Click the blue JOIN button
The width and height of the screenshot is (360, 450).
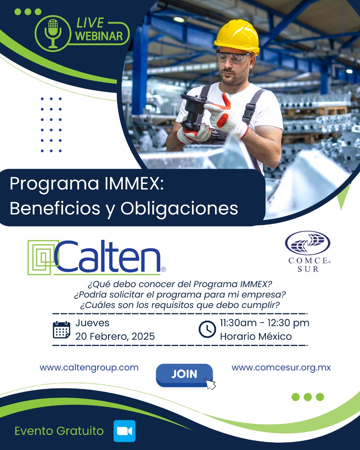coord(184,375)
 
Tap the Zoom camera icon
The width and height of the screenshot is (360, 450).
coord(124,431)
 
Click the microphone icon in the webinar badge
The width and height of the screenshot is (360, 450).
coord(53,33)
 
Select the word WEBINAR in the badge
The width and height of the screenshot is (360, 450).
coord(99,36)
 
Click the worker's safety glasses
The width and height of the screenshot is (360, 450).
coord(233,57)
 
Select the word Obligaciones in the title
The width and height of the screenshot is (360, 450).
coord(179,209)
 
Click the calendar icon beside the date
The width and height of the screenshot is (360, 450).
coord(61,330)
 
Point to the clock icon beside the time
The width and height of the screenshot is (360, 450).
coord(207,329)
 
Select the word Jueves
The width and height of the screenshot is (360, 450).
coord(92,323)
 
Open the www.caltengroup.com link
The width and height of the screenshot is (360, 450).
coord(89,368)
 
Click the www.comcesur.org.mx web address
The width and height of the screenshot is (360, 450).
coord(281,368)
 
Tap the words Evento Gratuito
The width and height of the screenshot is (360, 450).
coord(59,431)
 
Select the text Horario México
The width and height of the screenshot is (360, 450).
coord(256,336)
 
